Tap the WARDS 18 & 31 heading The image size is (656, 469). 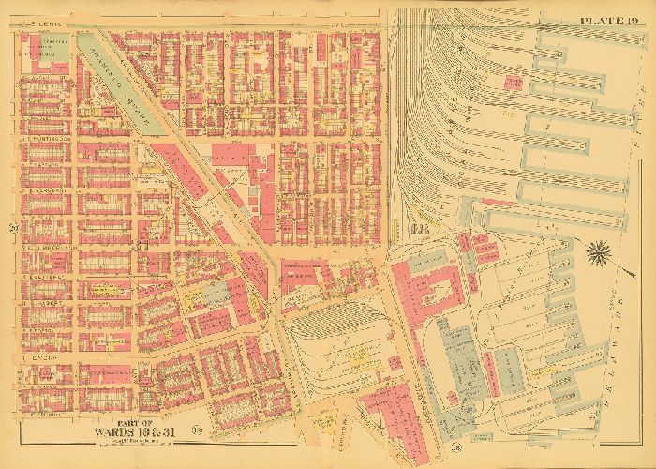pyautogui.click(x=127, y=431)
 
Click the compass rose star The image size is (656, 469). pyautogui.click(x=597, y=251)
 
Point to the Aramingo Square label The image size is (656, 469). pyautogui.click(x=117, y=84)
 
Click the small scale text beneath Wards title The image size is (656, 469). pyautogui.click(x=127, y=442)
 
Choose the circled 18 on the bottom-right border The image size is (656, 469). pyautogui.click(x=483, y=433)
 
